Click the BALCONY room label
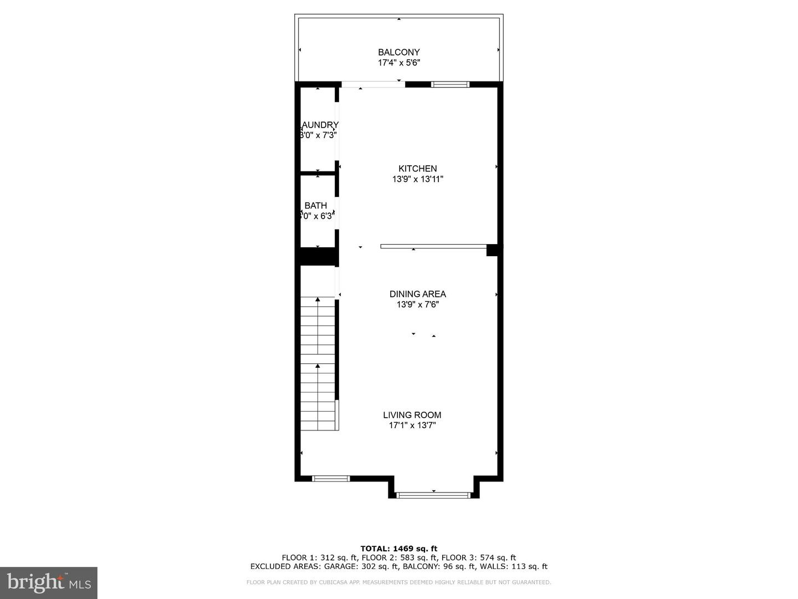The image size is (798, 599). click(x=398, y=52)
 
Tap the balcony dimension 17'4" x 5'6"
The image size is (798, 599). click(x=398, y=63)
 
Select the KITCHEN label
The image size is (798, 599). click(x=417, y=169)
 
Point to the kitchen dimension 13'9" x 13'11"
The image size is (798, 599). click(x=417, y=179)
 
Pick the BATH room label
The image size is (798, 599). click(x=315, y=206)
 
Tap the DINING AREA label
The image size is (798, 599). click(x=417, y=294)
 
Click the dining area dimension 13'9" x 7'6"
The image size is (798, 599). click(x=417, y=304)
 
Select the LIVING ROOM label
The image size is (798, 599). click(x=412, y=415)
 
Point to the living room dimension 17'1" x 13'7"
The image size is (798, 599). click(x=412, y=425)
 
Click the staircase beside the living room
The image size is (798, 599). click(x=318, y=364)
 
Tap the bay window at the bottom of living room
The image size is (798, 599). click(x=433, y=495)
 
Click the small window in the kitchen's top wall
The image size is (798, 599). click(x=450, y=84)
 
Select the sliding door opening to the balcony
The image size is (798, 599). click(x=373, y=84)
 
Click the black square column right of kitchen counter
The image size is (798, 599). click(x=492, y=250)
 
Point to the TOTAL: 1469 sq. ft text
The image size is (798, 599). click(x=398, y=549)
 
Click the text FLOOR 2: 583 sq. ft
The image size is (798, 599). click(x=398, y=557)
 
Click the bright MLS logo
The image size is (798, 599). click(x=49, y=582)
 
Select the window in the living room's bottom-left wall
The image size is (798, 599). click(x=331, y=478)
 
